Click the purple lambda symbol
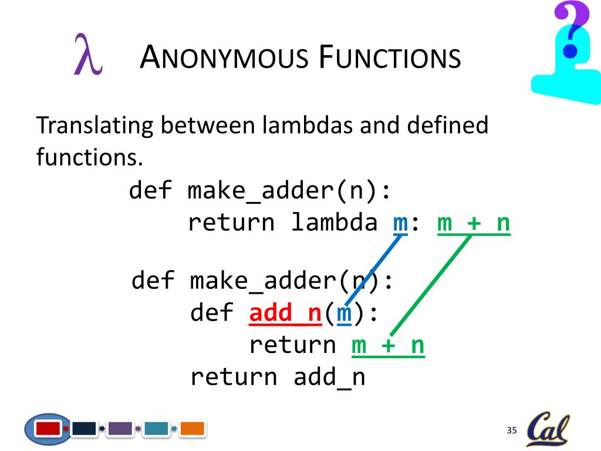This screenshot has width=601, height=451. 87,55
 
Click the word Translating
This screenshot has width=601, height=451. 94,126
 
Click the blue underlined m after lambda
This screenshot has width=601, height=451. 400,223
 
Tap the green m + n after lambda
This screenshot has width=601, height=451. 474,223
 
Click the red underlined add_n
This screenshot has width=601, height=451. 285,313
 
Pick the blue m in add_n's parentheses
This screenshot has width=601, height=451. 344,314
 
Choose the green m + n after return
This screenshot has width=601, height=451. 388,345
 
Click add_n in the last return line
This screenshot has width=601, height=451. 329,376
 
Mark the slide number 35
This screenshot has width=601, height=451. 511,431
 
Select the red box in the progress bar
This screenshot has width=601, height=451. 48,429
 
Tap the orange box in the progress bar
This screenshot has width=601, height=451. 192,429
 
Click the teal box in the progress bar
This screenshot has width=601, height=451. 156,429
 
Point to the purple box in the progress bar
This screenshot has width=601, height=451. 120,429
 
